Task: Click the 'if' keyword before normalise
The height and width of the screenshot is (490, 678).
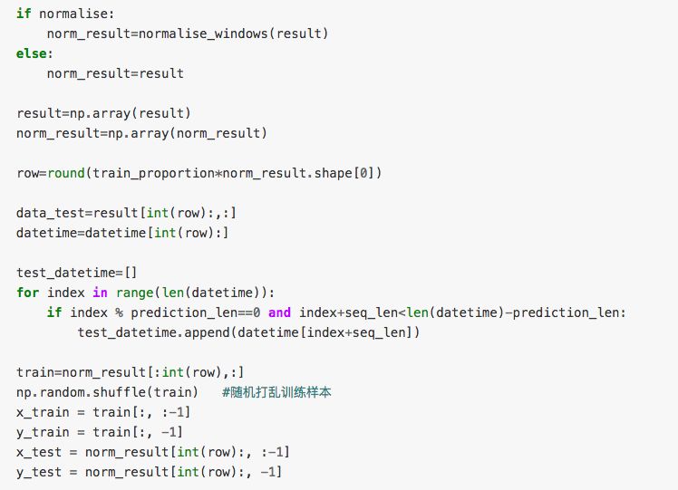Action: pyautogui.click(x=24, y=14)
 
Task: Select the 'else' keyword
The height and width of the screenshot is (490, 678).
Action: pyautogui.click(x=31, y=53)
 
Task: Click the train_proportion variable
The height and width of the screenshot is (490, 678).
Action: pyautogui.click(x=153, y=172)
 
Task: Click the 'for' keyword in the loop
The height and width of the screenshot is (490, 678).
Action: pyautogui.click(x=27, y=292)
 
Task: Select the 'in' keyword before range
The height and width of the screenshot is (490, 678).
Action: pyautogui.click(x=100, y=292)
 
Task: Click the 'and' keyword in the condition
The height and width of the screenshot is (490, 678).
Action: pyautogui.click(x=280, y=312)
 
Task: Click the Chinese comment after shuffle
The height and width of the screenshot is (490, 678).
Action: pyautogui.click(x=280, y=391)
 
